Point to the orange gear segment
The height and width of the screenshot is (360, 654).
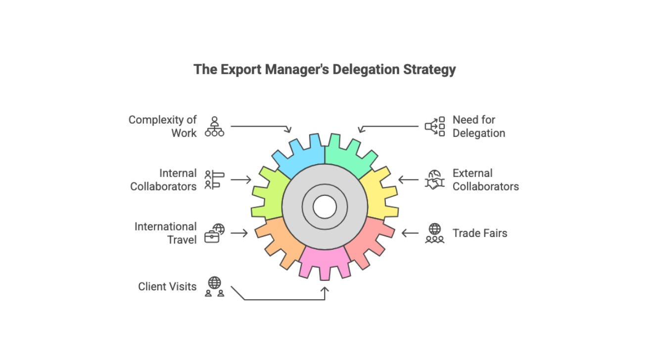point(280,240)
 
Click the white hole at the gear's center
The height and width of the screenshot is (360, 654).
point(325,207)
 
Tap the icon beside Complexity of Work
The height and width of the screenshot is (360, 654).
point(215,127)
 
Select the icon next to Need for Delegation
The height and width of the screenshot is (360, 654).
point(435,127)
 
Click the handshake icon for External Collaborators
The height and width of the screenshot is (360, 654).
point(435,180)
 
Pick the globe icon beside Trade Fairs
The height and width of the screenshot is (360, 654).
point(435,233)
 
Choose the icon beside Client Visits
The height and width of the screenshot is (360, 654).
point(215,286)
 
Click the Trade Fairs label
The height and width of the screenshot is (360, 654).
point(480,233)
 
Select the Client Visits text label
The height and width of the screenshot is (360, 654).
point(167,286)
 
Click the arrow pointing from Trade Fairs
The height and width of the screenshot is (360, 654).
point(410,233)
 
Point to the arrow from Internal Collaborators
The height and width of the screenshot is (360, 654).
point(241,180)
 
